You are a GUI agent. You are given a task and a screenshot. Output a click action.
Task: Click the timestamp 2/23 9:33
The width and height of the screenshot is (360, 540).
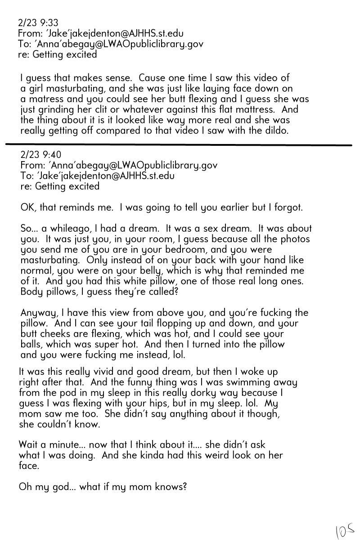[x=38, y=22]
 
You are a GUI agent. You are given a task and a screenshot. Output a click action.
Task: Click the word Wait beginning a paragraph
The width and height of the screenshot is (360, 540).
[x=28, y=445]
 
